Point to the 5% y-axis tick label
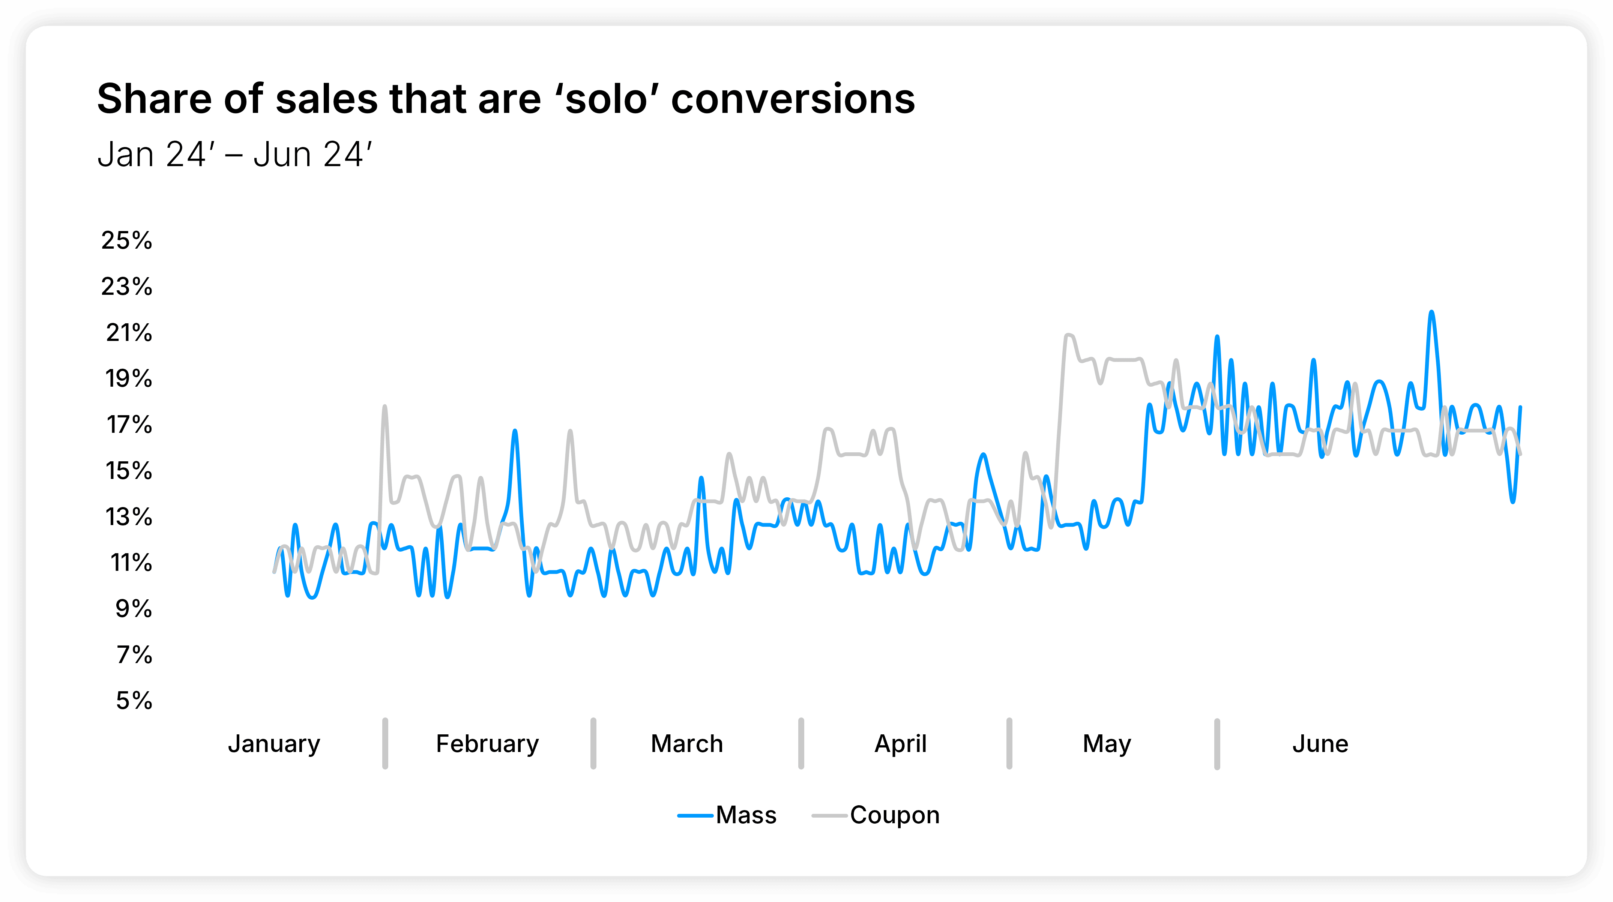coord(134,701)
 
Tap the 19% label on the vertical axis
coord(128,379)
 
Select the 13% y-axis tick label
coord(128,517)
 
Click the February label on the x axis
coord(487,744)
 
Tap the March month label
coord(687,744)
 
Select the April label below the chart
coord(900,744)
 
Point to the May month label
coord(1107,744)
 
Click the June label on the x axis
coord(1320,744)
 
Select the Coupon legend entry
coord(894,815)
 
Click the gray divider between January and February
coord(385,744)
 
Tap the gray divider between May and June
coord(1217,744)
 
